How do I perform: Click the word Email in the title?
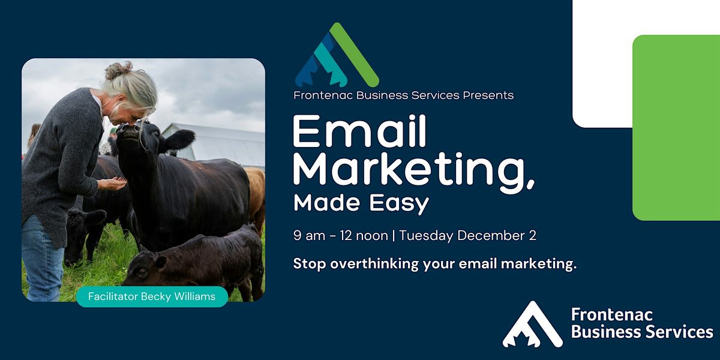tap(359, 131)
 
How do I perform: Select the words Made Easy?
tap(361, 203)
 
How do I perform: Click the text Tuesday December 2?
tap(467, 235)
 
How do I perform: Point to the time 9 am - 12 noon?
tap(340, 235)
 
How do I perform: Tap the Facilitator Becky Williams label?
tap(151, 296)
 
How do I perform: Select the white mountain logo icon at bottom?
tap(532, 325)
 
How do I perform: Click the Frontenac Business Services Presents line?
tap(403, 95)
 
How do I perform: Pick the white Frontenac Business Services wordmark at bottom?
tap(641, 324)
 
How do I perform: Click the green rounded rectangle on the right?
tap(676, 127)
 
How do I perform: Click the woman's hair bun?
tap(116, 70)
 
